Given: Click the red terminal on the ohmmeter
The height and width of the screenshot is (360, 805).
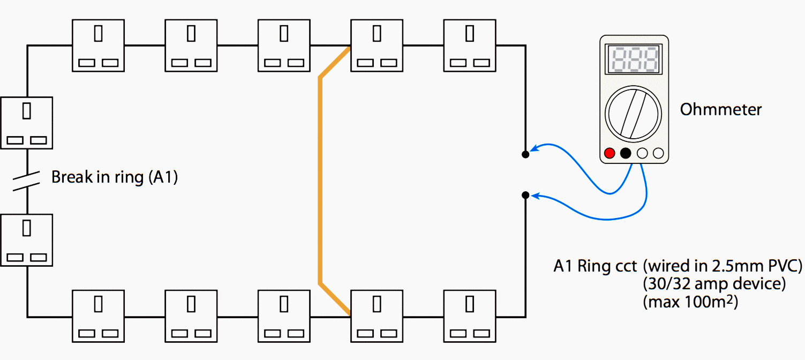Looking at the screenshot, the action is click(610, 153).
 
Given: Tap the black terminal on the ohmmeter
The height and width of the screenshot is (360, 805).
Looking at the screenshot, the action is click(626, 153).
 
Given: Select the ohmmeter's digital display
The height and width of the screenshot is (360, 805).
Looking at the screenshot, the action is click(634, 59).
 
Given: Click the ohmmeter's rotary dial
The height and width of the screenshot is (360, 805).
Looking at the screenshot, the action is click(633, 114).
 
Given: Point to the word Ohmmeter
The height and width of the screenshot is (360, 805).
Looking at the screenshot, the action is click(720, 110).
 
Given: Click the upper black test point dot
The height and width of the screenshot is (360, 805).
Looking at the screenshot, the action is click(525, 154).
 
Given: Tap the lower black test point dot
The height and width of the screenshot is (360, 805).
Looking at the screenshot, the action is click(525, 195).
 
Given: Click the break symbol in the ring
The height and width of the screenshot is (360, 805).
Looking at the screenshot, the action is click(27, 181).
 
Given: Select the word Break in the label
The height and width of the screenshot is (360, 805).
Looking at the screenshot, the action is click(72, 177).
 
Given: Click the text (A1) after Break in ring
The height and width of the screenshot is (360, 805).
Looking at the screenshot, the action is click(163, 177).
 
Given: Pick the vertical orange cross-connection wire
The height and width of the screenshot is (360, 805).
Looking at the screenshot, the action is click(320, 181).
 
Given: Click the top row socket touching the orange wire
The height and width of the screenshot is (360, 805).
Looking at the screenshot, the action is click(377, 46).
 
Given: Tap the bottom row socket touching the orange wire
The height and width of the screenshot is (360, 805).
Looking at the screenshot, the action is click(377, 316).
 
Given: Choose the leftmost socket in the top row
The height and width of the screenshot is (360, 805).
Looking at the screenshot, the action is click(98, 46).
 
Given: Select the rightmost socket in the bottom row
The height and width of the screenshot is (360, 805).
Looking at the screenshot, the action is click(470, 316).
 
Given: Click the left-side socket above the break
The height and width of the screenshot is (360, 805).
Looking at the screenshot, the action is click(27, 123).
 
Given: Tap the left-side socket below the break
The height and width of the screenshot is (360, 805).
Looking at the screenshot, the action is click(27, 241).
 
